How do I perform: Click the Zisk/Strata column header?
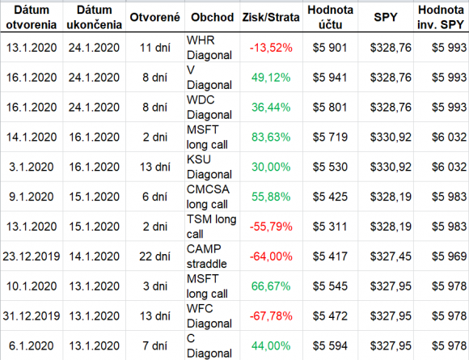(x=271, y=17)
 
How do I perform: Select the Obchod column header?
(x=213, y=17)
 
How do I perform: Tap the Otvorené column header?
(x=155, y=17)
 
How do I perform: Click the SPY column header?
(x=386, y=17)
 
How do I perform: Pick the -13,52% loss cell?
(x=271, y=48)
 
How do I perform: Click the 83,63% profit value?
(x=271, y=137)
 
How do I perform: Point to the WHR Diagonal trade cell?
(x=209, y=48)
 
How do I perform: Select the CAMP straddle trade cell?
(x=207, y=256)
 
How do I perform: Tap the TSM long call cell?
(x=212, y=227)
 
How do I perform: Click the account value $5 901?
(x=330, y=48)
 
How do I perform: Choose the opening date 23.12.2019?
(x=32, y=256)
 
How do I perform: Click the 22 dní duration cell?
(x=154, y=256)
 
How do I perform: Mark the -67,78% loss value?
(x=271, y=316)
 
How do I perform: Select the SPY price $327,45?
(x=391, y=256)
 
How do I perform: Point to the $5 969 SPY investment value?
(x=450, y=256)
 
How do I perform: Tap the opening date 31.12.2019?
(x=32, y=316)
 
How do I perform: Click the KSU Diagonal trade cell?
(x=209, y=167)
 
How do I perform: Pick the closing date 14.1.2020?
(x=95, y=256)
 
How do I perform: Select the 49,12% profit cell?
(x=271, y=78)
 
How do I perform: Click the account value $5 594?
(x=330, y=346)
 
